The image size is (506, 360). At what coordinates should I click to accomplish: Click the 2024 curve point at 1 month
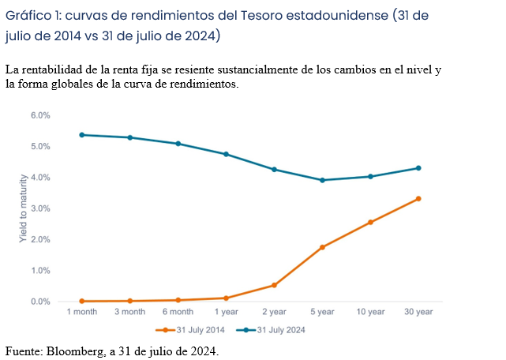tap(82, 135)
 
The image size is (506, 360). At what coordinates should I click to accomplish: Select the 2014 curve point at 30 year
tap(418, 199)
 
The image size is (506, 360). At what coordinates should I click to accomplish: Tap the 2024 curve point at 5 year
tap(322, 180)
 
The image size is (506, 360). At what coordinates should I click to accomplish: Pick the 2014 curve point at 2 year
tap(274, 285)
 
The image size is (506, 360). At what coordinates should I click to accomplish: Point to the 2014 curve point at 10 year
tap(370, 223)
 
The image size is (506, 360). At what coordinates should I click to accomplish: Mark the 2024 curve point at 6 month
tap(178, 144)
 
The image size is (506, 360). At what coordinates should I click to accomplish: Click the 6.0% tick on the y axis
tap(40, 115)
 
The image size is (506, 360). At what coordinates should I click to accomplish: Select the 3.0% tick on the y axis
tap(40, 208)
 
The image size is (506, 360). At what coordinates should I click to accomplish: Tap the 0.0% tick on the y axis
tap(40, 302)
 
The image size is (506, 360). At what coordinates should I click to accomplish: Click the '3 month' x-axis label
tap(130, 313)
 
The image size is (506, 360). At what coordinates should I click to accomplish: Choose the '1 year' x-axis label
tap(226, 313)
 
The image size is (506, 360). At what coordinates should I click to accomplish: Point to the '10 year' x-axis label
tap(370, 313)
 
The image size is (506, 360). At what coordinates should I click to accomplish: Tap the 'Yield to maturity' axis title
tap(23, 208)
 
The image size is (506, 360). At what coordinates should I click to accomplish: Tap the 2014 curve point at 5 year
tap(322, 247)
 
